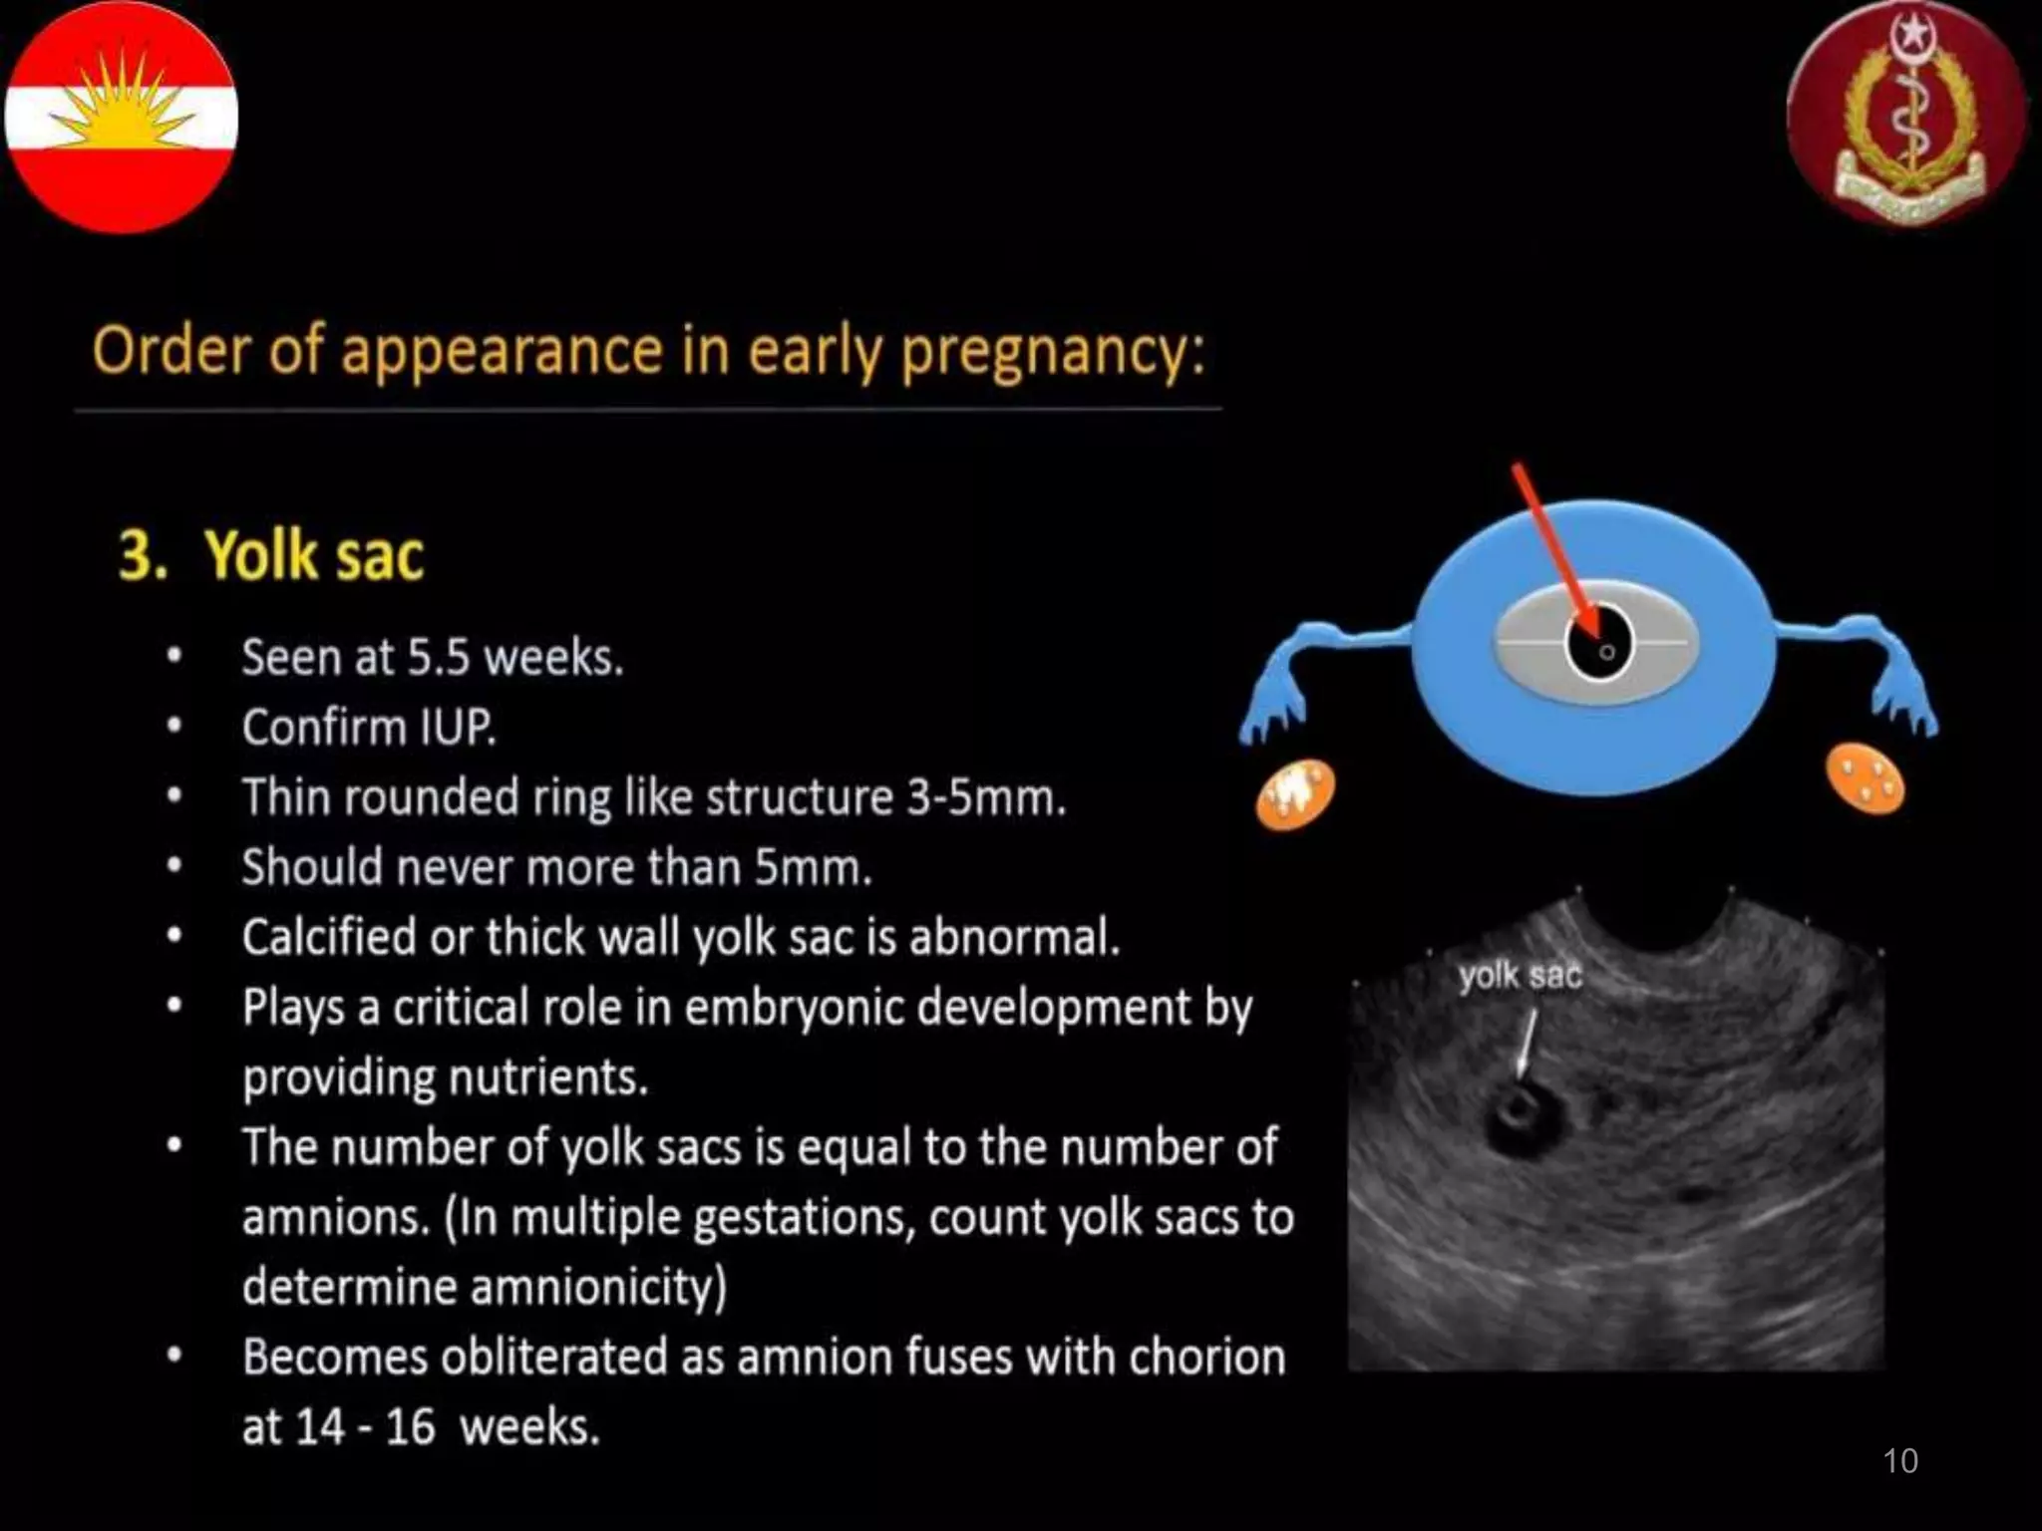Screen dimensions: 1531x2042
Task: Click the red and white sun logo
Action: click(x=121, y=117)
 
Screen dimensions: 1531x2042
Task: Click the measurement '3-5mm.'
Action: click(x=986, y=797)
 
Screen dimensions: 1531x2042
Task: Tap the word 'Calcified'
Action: click(x=328, y=938)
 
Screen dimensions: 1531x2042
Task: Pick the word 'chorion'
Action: click(x=1206, y=1357)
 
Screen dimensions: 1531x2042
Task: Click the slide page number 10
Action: click(x=1899, y=1461)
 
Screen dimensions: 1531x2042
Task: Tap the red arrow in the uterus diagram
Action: click(x=1554, y=549)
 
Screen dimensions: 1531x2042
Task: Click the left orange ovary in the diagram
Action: click(x=1294, y=794)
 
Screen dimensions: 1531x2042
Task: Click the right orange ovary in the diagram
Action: click(x=1864, y=778)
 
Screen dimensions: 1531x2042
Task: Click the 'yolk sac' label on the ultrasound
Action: click(x=1519, y=976)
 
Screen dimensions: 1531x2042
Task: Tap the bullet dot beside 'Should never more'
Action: click(x=174, y=866)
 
